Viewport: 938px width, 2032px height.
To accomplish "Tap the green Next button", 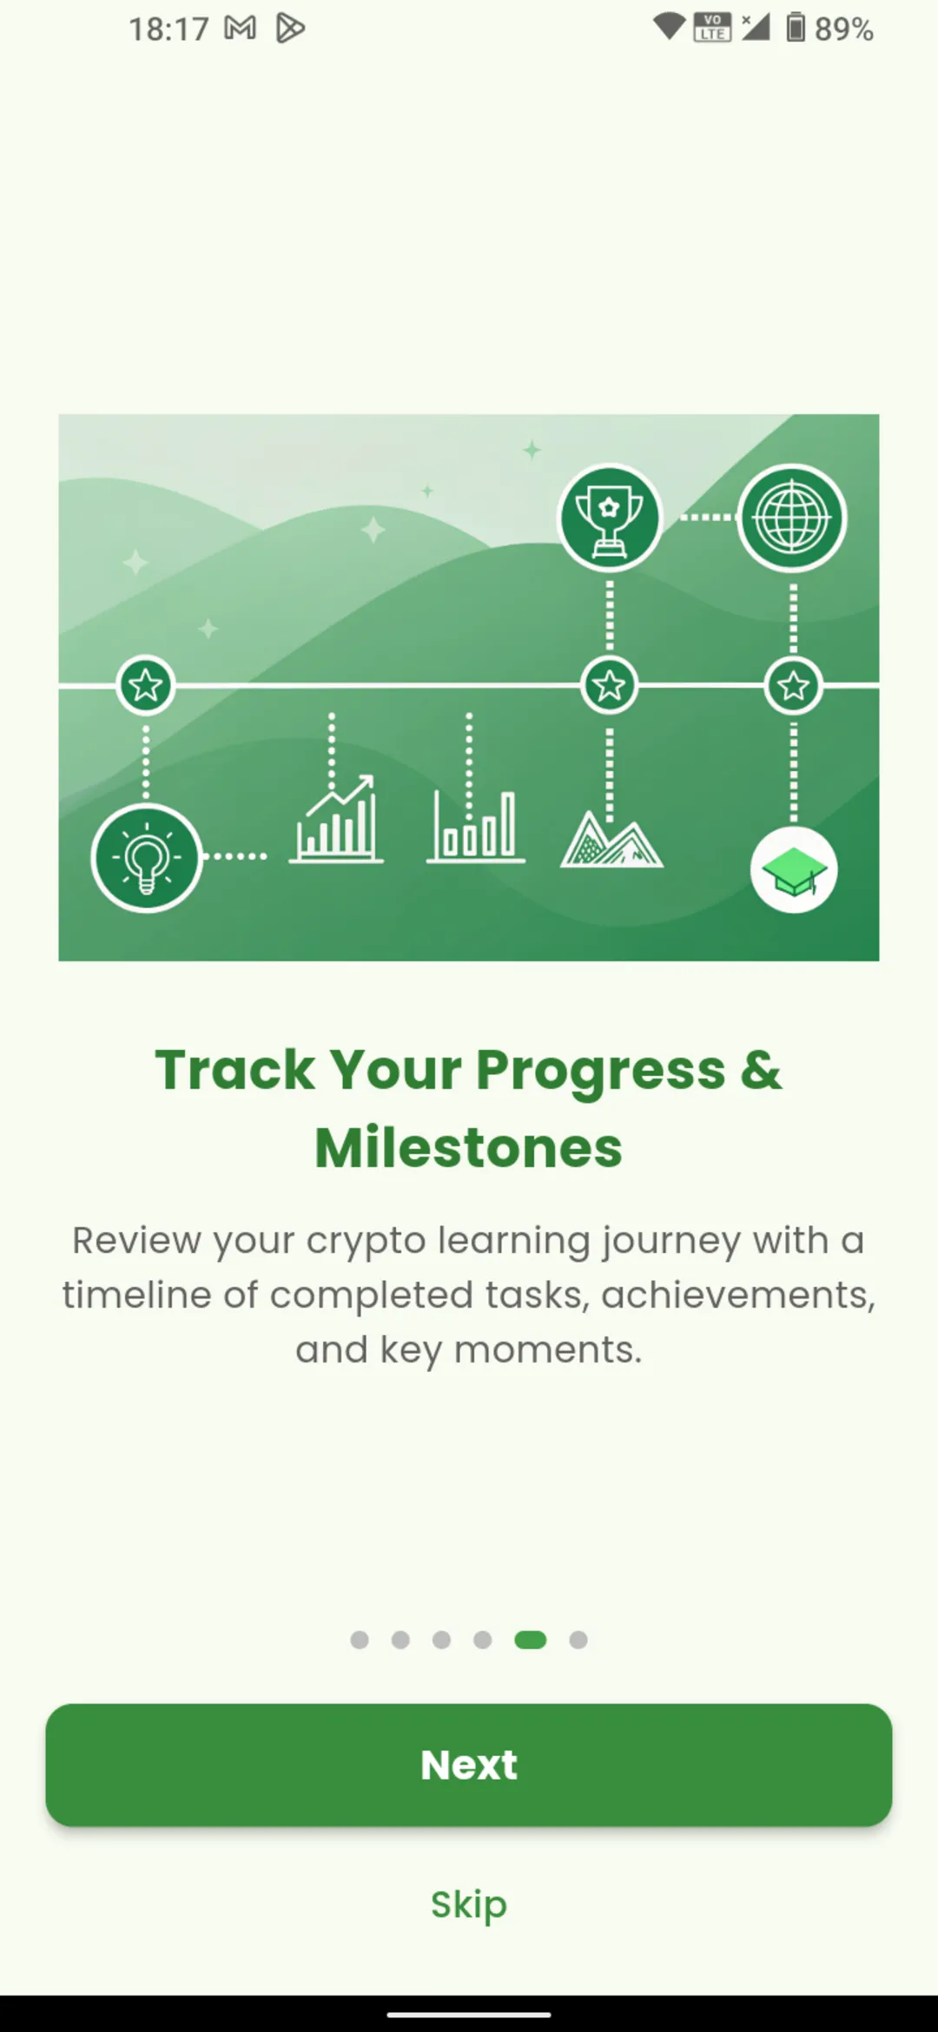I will point(469,1765).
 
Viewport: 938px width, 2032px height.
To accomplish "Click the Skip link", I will point(469,1903).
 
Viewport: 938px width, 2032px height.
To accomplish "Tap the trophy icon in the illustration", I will point(610,518).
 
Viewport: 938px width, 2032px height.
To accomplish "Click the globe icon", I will point(791,518).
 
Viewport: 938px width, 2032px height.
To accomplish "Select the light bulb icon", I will point(147,858).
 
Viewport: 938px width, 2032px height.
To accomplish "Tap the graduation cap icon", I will point(794,870).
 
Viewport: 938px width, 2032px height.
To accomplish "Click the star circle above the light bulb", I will point(146,686).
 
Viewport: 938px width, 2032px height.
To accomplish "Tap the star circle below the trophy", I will point(610,686).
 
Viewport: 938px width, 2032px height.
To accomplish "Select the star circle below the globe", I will point(793,686).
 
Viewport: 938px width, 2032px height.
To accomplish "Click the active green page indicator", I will point(530,1639).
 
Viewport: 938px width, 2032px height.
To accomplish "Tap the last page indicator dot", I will point(578,1639).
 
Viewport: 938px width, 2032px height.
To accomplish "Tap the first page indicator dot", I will point(360,1639).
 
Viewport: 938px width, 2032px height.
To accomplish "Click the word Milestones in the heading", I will point(469,1148).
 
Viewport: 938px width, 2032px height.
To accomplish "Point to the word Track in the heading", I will point(234,1070).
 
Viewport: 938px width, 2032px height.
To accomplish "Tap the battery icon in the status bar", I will point(796,28).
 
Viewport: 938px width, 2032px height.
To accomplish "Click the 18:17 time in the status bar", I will point(168,30).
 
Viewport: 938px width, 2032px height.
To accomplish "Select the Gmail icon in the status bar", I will point(241,29).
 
